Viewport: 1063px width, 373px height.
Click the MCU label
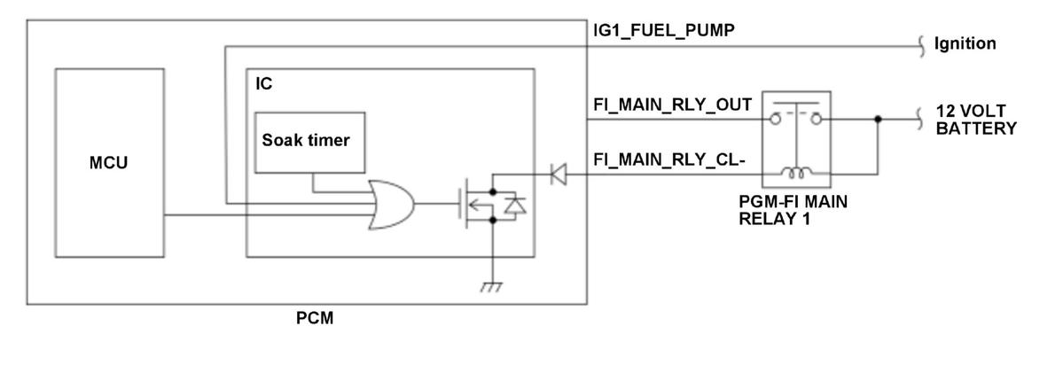[x=108, y=163]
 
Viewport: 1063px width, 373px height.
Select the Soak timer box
[x=309, y=142]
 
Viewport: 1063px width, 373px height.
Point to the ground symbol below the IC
[x=491, y=286]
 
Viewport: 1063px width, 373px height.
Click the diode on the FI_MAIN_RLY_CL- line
[x=558, y=175]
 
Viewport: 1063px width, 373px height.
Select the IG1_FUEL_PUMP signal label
[x=664, y=32]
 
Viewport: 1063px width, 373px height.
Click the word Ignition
[x=965, y=44]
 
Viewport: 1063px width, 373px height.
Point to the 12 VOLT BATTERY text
[x=976, y=120]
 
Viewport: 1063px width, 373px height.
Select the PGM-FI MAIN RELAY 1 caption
[x=793, y=210]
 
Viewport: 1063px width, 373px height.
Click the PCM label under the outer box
[x=315, y=318]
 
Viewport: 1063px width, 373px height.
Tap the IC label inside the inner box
[x=263, y=84]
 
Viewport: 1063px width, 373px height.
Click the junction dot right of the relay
[x=877, y=120]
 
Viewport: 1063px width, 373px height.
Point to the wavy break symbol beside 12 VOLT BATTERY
[x=920, y=120]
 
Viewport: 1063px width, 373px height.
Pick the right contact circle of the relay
[x=817, y=120]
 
